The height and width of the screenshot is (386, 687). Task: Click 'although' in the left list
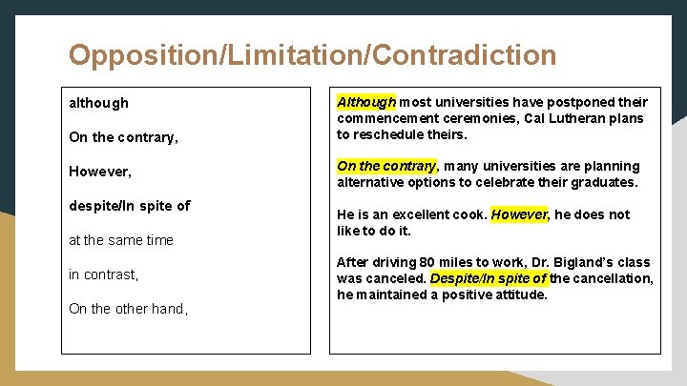click(98, 103)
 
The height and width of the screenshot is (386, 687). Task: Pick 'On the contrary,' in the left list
click(123, 137)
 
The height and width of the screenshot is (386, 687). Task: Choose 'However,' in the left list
click(100, 172)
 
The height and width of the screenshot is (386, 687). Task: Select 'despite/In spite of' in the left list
click(129, 206)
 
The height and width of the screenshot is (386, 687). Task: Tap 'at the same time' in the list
click(121, 240)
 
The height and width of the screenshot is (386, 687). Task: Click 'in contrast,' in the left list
click(104, 274)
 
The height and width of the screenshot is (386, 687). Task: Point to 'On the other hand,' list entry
click(128, 309)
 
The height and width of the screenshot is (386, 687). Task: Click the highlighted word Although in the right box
click(366, 102)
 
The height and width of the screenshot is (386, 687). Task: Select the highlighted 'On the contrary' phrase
click(385, 166)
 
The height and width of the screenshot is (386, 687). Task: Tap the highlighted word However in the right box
click(519, 214)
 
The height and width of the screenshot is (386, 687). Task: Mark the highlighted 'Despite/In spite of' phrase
click(489, 278)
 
